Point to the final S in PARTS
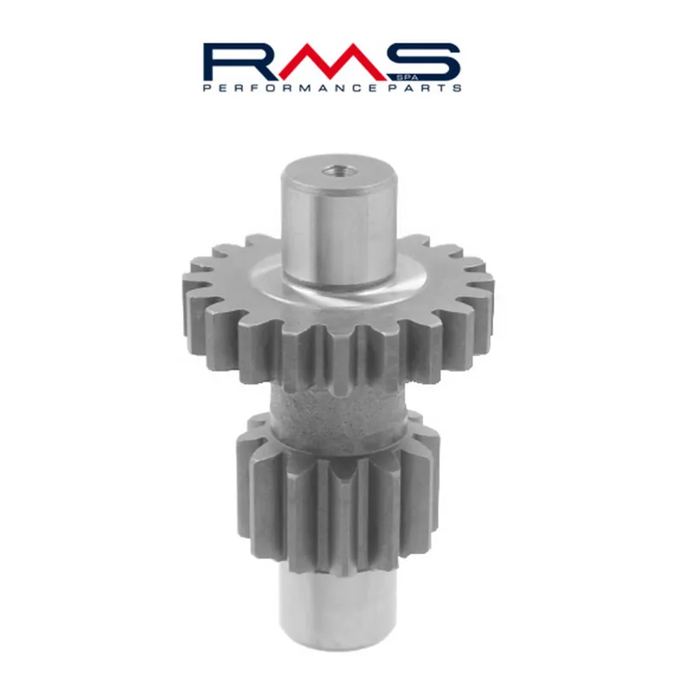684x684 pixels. coord(458,87)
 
